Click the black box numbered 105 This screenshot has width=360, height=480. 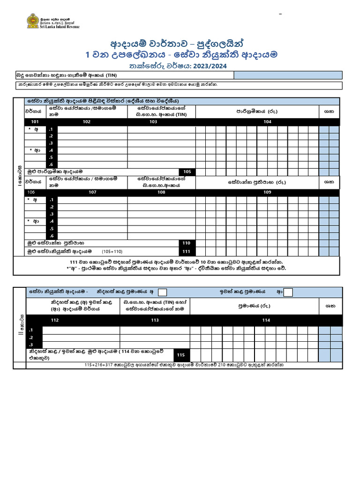pos(188,172)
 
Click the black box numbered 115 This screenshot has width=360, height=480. pos(181,355)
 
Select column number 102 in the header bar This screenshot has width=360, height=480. pos(87,122)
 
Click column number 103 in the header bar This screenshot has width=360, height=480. pos(153,122)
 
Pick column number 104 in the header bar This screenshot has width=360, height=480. pos(267,122)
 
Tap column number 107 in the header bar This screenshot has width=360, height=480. pos(93,192)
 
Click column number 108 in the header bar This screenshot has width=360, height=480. pos(161,192)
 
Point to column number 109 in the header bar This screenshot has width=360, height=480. pos(267,192)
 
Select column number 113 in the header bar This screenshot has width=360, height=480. pos(155,320)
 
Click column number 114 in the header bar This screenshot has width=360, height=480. pos(266,320)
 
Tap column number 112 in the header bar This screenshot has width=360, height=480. pos(55,320)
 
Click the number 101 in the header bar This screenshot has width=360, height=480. pos(35,122)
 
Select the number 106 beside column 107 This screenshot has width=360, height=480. pos(31,192)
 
